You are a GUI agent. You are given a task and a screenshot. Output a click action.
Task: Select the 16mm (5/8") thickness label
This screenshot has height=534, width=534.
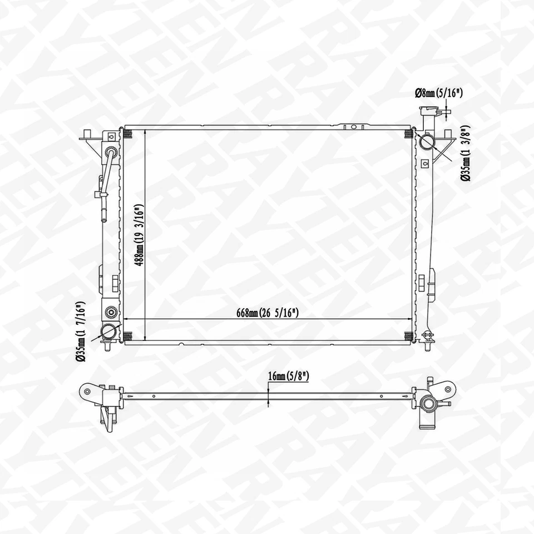click(288, 377)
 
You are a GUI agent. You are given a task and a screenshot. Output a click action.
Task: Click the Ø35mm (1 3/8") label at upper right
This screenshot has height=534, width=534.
click(466, 154)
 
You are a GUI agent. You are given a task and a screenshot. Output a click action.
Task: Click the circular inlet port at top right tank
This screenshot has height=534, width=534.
click(427, 141)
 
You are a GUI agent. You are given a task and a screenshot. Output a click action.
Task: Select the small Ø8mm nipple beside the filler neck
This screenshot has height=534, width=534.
click(444, 113)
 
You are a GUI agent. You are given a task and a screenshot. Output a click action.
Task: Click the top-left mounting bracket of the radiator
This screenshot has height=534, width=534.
click(88, 135)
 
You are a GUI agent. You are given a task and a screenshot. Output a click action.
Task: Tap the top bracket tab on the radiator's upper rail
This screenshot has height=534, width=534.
click(353, 127)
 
